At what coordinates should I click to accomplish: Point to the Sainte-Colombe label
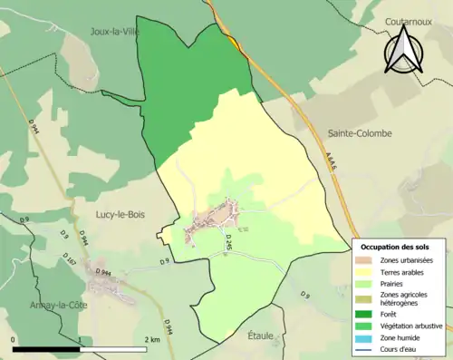coord(354,133)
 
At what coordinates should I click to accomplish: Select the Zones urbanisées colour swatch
coord(367,261)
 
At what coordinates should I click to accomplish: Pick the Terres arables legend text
coord(405,271)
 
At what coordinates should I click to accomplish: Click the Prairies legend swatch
coord(367,283)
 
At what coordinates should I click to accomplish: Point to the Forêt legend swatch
coord(367,315)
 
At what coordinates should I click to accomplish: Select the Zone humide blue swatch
coord(367,337)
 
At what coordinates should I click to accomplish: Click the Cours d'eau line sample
coord(367,348)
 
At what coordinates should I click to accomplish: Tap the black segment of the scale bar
coord(46,349)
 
